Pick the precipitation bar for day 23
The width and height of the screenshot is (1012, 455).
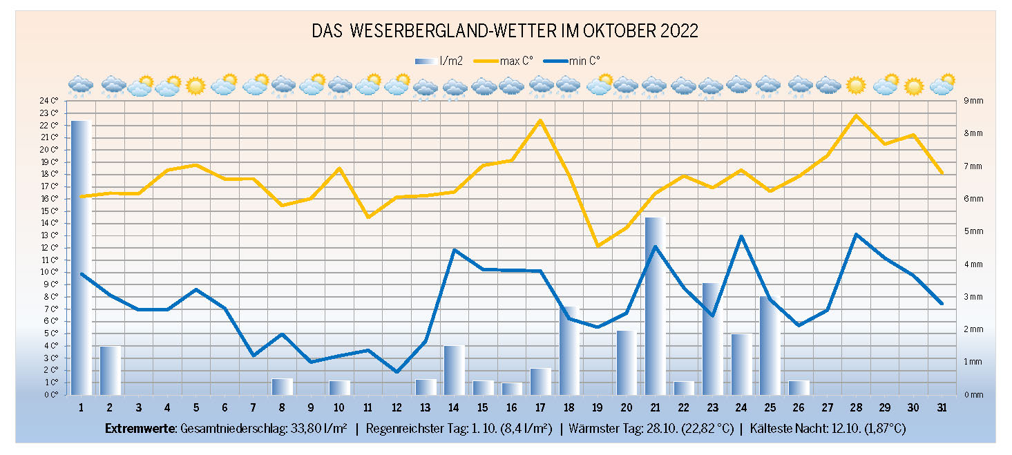tap(712, 338)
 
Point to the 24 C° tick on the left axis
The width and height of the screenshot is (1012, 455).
tap(50, 101)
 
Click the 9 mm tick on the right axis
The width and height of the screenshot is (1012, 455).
tap(973, 101)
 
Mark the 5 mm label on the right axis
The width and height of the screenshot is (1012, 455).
tap(973, 231)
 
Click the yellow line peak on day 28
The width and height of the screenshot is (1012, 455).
tap(855, 115)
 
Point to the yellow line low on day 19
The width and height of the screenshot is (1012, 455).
tap(598, 245)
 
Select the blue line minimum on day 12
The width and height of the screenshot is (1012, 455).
tap(397, 372)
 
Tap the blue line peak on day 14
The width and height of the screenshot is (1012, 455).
tap(454, 250)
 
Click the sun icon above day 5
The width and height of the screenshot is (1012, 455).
tap(195, 86)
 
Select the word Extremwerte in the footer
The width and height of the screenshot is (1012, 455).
tap(140, 429)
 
